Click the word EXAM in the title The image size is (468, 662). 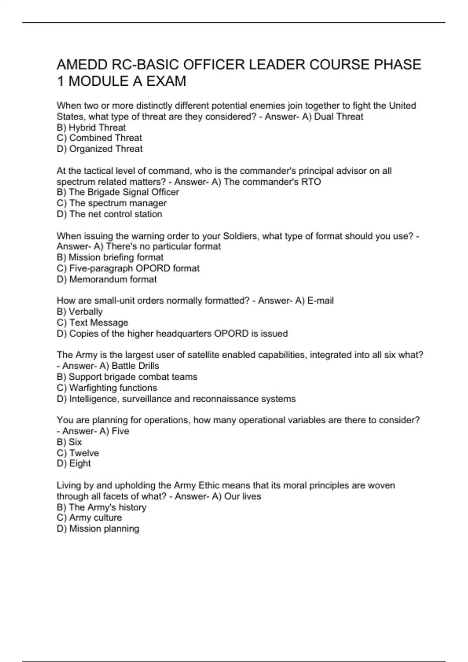click(166, 81)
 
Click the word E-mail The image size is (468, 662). click(321, 301)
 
